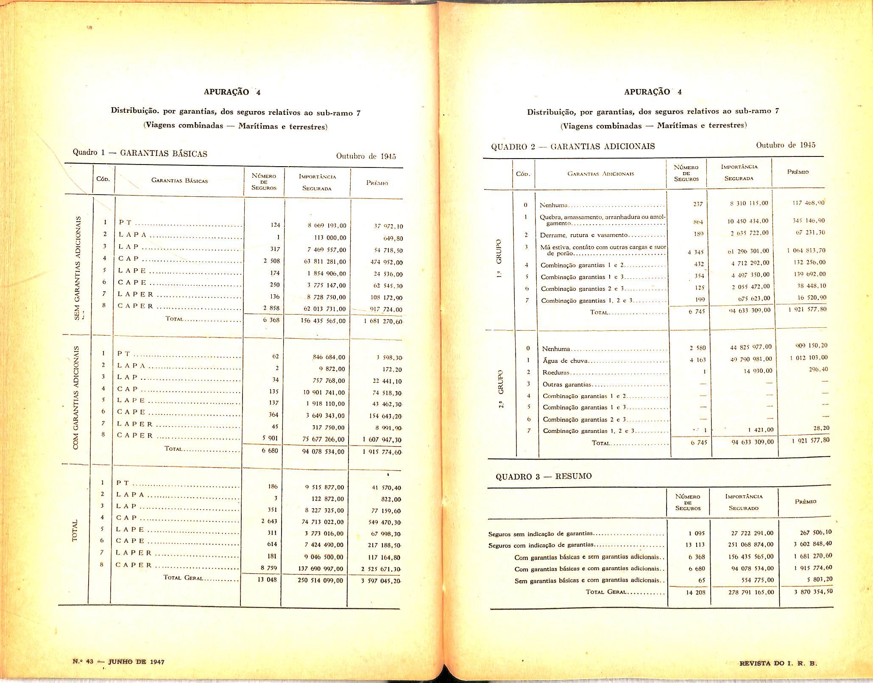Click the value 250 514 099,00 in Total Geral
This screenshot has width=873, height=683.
[321, 580]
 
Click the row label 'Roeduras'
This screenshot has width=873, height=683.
[556, 373]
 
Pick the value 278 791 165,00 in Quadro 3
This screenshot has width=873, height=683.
[750, 592]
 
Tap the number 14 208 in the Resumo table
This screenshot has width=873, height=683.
[695, 592]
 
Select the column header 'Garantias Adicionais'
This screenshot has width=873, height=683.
[601, 174]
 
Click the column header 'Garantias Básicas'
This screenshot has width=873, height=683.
[179, 181]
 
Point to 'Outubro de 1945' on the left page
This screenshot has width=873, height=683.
[366, 156]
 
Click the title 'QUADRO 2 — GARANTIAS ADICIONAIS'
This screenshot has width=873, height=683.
[573, 147]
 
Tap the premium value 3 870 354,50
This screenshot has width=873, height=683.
[813, 591]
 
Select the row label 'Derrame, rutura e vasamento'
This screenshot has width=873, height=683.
[583, 235]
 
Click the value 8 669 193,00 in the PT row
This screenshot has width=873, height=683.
[326, 226]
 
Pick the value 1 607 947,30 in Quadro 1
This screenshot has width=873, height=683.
[382, 440]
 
